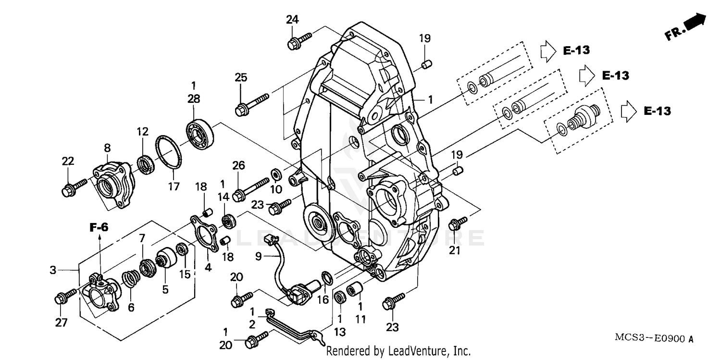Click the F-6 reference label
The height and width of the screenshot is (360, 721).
click(x=99, y=227)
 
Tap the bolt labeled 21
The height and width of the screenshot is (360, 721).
click(x=457, y=223)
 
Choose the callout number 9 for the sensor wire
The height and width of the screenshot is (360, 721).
click(x=259, y=257)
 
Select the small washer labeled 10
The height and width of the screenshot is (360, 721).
click(x=277, y=172)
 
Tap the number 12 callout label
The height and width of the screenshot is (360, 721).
click(x=142, y=132)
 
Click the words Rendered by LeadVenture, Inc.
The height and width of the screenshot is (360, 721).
click(x=398, y=351)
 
